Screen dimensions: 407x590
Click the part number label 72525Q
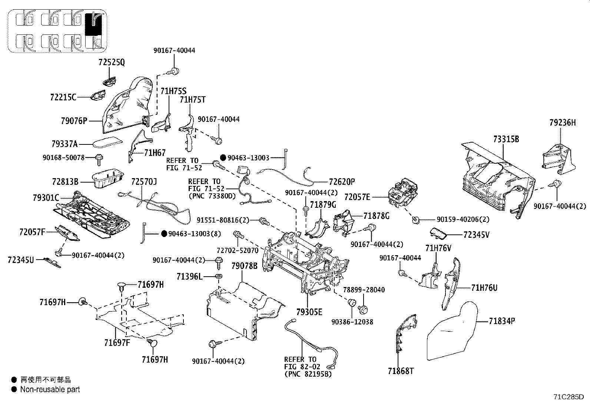point(112,63)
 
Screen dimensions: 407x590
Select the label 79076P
point(74,121)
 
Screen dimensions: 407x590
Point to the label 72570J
point(144,182)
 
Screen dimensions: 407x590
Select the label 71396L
point(189,276)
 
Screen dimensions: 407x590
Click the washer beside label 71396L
point(219,276)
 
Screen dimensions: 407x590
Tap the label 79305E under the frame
point(309,312)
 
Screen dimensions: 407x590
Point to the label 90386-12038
point(352,322)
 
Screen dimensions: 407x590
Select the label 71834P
point(502,321)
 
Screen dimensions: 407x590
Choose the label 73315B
point(506,139)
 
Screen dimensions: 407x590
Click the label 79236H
point(563,123)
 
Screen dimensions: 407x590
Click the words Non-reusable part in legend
point(50,389)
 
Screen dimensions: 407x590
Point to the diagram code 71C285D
point(569,397)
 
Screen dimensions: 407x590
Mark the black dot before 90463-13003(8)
point(164,234)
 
